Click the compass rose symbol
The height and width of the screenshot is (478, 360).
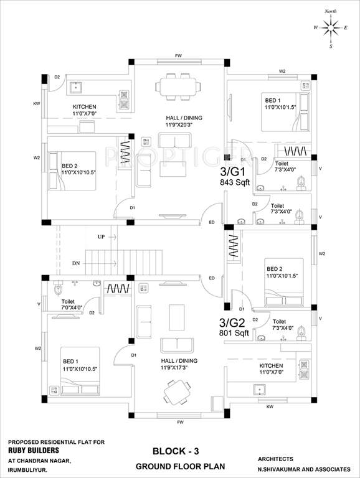pos(330,27)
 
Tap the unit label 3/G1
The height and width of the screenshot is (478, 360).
pos(233,171)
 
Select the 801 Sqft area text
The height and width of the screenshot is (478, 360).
pos(234,333)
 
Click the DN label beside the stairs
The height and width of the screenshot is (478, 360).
pos(76,264)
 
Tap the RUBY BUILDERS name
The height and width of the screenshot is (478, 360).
pos(34,450)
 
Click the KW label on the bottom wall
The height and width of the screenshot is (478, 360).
pos(270,406)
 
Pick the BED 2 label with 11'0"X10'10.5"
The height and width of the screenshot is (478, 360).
pos(78,169)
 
